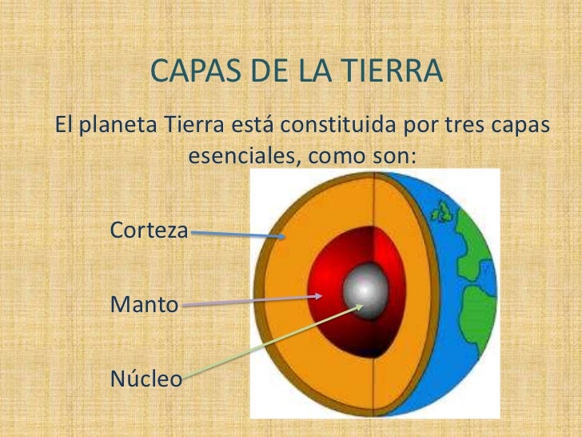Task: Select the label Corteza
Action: click(149, 231)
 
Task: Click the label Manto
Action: click(144, 304)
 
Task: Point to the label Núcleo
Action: click(146, 378)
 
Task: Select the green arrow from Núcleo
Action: click(272, 341)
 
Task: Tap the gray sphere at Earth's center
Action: click(364, 287)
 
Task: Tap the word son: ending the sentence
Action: click(395, 156)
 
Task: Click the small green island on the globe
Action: click(440, 212)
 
